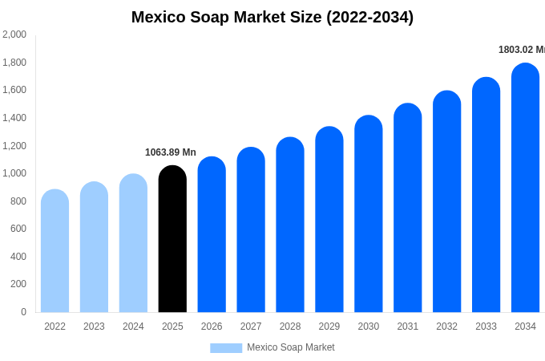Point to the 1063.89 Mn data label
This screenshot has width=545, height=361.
coord(170,152)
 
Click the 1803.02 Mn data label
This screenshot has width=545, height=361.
coord(521,50)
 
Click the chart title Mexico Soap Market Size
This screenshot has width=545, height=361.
coord(272,17)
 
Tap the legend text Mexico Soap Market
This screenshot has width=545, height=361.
coord(290,347)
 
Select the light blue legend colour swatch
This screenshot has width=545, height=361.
coord(226,348)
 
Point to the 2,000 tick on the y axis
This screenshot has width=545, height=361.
coord(14,34)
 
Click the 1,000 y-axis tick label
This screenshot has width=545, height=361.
coord(14,173)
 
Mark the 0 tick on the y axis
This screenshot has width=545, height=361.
coord(23,312)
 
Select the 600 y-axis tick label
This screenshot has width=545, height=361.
coord(18,229)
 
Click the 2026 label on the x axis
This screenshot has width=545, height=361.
coord(212,327)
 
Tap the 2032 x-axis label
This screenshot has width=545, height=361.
coord(446,327)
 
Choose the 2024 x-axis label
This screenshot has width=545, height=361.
coord(133,327)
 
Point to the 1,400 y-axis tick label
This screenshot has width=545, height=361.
coord(14,118)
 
